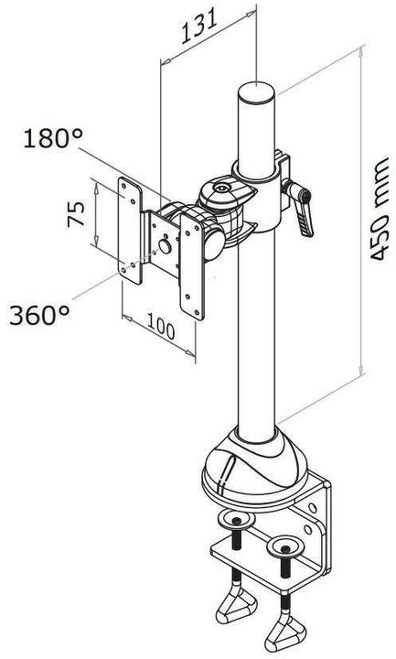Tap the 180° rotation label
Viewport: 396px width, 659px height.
pyautogui.click(x=55, y=139)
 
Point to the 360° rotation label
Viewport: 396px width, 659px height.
pyautogui.click(x=40, y=315)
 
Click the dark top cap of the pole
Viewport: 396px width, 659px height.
pyautogui.click(x=257, y=94)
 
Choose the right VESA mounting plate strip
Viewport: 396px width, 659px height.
pyautogui.click(x=193, y=265)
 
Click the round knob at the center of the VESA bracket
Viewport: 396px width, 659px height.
pyautogui.click(x=166, y=245)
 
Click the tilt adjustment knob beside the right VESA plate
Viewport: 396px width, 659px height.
pyautogui.click(x=212, y=239)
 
